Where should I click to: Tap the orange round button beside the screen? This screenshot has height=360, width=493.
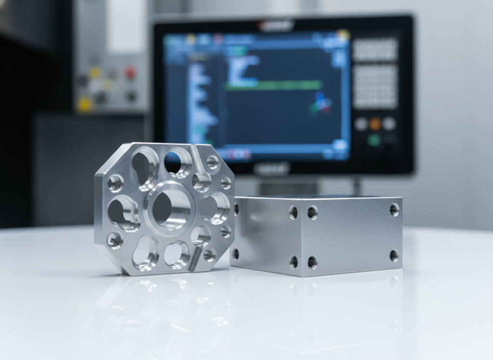375,124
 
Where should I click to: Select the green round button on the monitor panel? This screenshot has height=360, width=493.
374,140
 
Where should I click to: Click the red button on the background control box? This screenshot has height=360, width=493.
130,73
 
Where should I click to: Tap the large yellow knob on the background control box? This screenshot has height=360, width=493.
85,104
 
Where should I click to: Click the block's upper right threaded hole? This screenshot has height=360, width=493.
394,210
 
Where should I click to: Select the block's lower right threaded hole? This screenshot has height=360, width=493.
394,255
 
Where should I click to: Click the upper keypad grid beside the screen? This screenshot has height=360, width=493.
375,50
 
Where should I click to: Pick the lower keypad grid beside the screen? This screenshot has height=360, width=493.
375,87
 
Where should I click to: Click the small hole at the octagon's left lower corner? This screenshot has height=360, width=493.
115,240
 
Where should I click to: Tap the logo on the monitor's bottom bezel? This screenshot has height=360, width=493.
272,168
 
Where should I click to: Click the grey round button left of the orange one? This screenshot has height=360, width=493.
361,124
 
